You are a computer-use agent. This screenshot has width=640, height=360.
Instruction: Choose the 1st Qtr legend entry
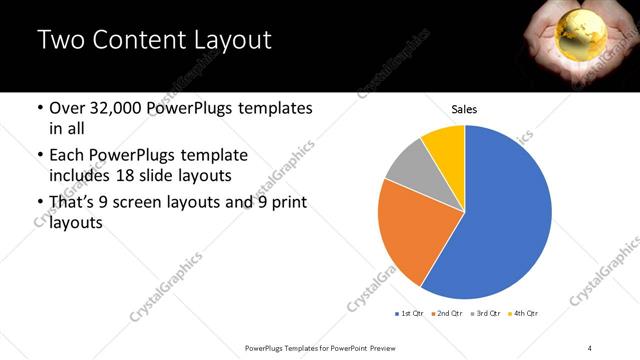(409, 314)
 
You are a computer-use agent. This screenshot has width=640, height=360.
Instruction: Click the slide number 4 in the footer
(590, 347)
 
